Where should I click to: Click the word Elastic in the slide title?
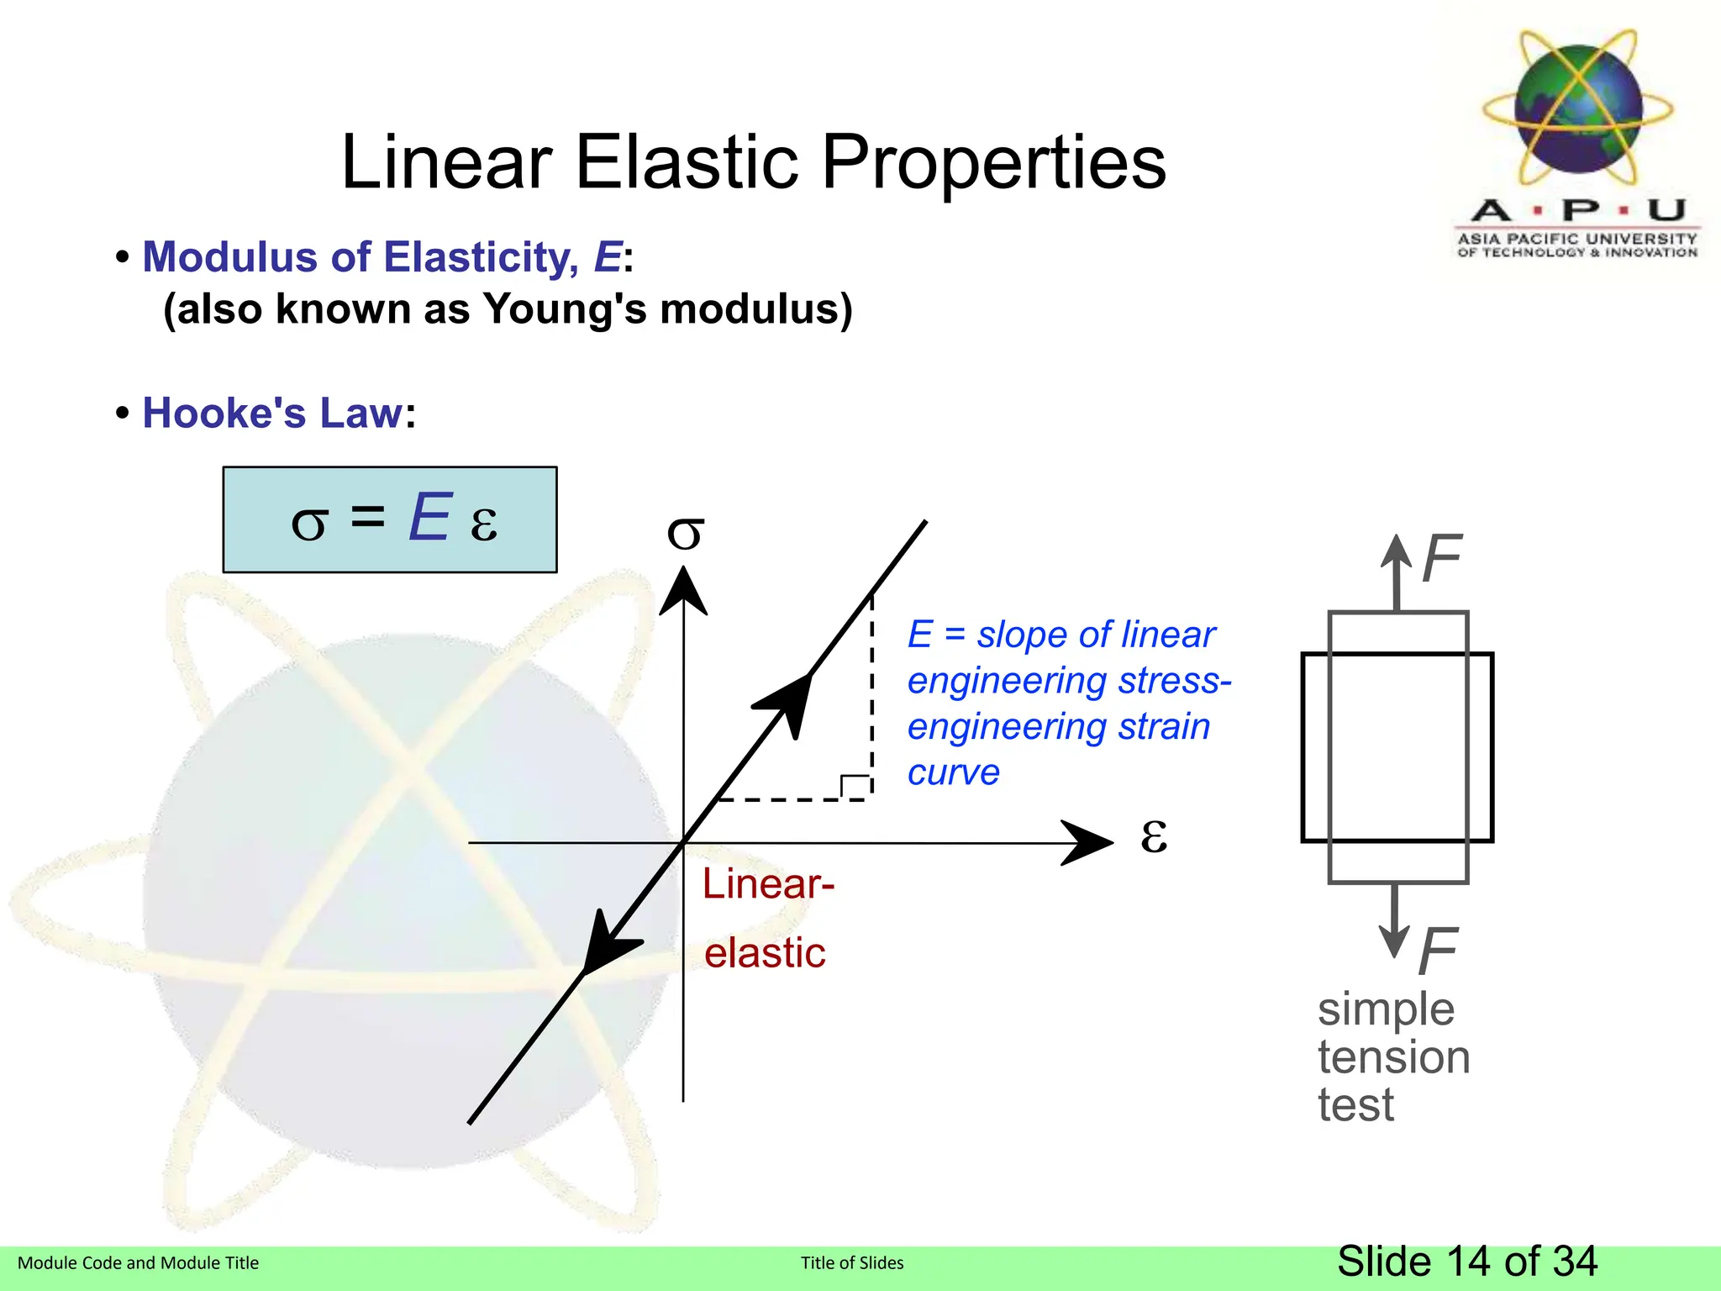pos(687,161)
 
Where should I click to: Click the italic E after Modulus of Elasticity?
pos(608,257)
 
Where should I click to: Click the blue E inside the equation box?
pos(429,518)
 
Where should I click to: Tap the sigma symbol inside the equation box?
pos(308,524)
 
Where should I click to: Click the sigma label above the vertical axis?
pos(685,533)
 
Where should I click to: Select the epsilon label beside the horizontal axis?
pos(1154,835)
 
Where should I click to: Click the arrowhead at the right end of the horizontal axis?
pos(1090,842)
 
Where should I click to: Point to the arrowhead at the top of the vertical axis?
pos(683,591)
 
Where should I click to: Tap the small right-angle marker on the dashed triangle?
pos(855,786)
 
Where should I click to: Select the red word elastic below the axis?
pos(765,953)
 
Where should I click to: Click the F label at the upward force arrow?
pos(1442,559)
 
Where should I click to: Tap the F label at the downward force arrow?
pos(1438,951)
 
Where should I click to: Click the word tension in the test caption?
pos(1393,1057)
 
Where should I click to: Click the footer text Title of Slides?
pos(852,1262)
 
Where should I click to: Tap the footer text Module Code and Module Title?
pos(139,1262)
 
